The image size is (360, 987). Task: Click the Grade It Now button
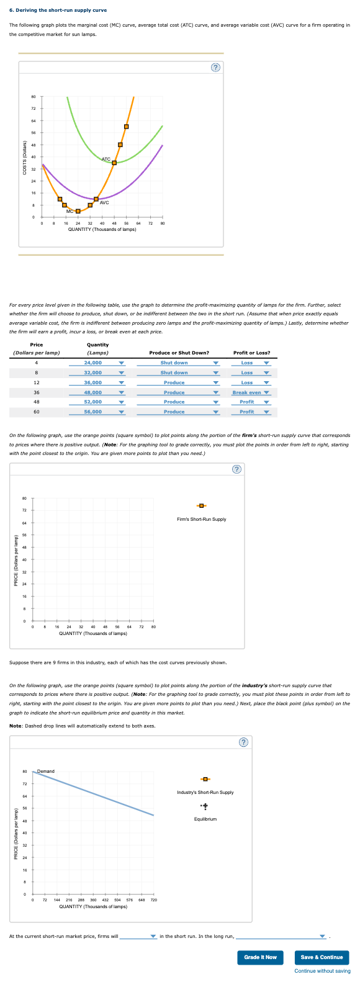(260, 957)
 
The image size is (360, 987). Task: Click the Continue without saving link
(322, 971)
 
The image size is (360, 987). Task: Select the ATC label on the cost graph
(106, 160)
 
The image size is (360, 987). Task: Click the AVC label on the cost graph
(104, 203)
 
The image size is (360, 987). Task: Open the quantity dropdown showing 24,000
(104, 363)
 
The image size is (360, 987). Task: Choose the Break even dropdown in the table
(251, 392)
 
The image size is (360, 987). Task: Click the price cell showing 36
(37, 392)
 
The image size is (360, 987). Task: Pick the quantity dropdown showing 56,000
(104, 412)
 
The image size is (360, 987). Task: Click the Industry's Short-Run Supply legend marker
(205, 779)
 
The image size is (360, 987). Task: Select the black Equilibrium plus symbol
(205, 806)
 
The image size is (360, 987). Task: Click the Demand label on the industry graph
(46, 771)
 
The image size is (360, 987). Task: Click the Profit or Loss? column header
(251, 353)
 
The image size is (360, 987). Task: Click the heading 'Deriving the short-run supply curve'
(58, 10)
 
